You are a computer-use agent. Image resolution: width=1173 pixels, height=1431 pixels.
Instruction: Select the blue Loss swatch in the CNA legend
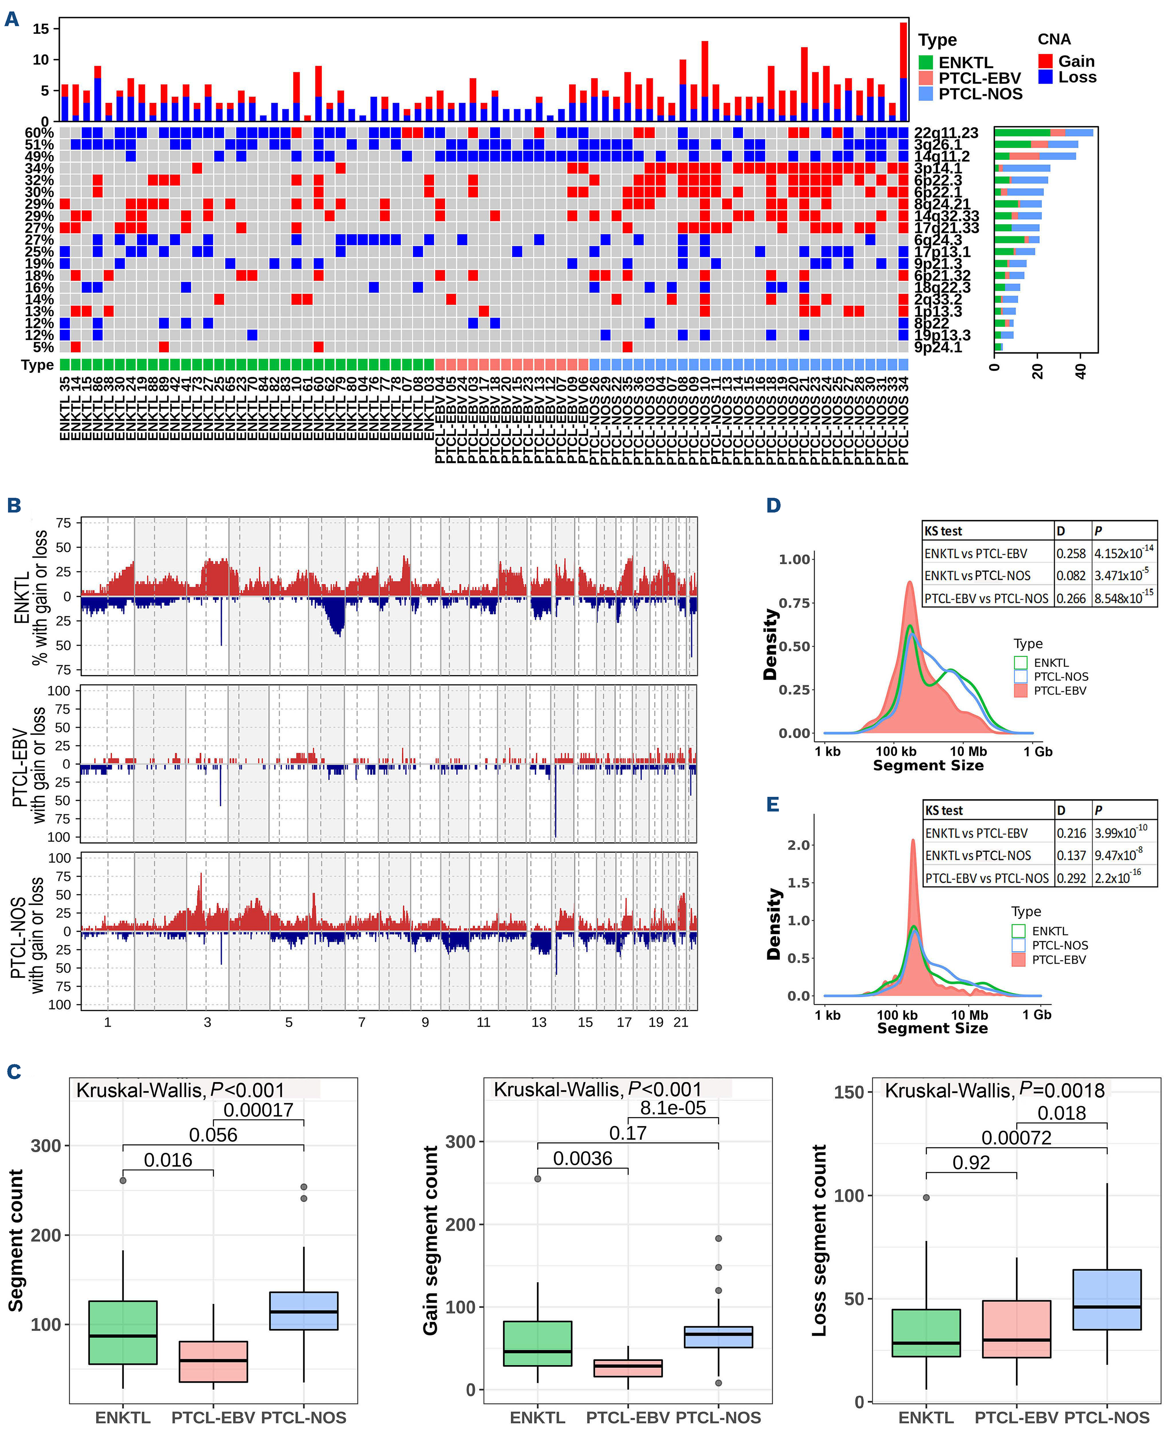(x=1045, y=77)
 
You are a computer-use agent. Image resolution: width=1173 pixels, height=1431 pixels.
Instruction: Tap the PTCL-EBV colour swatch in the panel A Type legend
(x=926, y=78)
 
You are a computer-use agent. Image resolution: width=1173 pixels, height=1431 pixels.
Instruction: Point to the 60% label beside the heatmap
(x=39, y=132)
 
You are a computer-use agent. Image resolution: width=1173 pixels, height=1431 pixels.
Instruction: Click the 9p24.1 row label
(x=938, y=347)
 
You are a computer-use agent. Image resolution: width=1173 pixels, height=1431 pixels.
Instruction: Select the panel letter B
(x=13, y=505)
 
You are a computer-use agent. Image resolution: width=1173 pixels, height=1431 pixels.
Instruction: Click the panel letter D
(x=774, y=505)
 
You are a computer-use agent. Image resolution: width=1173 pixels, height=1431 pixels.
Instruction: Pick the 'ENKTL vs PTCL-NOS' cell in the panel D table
(x=978, y=575)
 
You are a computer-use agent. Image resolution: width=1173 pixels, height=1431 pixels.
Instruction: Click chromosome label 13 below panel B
(x=539, y=1023)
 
